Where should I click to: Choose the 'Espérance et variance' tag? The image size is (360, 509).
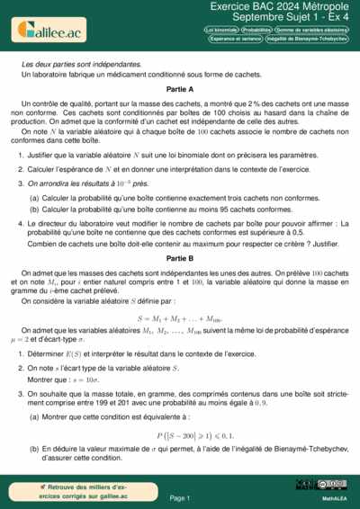[235, 39]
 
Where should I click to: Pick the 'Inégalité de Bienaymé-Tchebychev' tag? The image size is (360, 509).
[307, 39]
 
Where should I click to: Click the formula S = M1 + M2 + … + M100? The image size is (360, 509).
[180, 318]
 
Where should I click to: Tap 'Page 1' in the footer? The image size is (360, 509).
[180, 497]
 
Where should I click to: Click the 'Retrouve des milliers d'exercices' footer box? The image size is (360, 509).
[85, 491]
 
